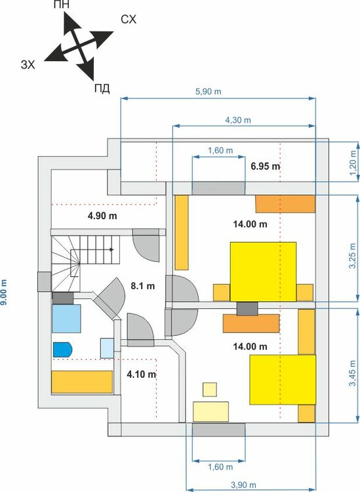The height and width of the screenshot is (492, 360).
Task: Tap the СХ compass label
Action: pyautogui.click(x=129, y=20)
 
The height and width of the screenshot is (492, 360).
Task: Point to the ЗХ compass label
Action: pyautogui.click(x=28, y=64)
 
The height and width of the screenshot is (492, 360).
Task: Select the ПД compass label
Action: pyautogui.click(x=101, y=87)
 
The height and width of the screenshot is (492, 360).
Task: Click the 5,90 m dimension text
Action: pyautogui.click(x=208, y=92)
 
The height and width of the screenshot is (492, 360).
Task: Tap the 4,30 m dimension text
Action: pyautogui.click(x=238, y=121)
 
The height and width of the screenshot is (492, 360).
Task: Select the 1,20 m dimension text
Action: pyautogui.click(x=353, y=159)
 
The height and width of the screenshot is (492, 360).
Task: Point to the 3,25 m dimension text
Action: pyautogui.click(x=353, y=247)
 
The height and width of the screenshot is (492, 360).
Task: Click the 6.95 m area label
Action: pyautogui.click(x=265, y=166)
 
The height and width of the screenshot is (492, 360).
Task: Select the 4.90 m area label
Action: pyautogui.click(x=102, y=215)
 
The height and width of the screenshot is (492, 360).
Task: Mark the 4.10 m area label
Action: pyautogui.click(x=141, y=375)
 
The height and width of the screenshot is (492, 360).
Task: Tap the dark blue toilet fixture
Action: pyautogui.click(x=62, y=349)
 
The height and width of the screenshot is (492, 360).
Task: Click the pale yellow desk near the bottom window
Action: pyautogui.click(x=211, y=411)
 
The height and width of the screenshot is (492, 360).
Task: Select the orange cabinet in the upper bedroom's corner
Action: pyautogui.click(x=285, y=203)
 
